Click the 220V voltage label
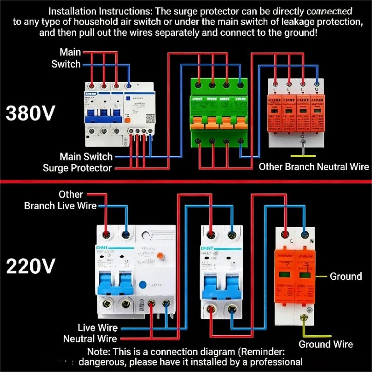(31, 266)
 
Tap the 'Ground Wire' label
(325, 345)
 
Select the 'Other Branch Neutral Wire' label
(314, 166)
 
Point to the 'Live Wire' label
(98, 328)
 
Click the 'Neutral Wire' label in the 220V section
(90, 339)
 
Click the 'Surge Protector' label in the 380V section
(77, 168)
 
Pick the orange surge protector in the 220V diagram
(295, 274)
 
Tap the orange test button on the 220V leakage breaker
(160, 255)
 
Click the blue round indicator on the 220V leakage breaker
(142, 285)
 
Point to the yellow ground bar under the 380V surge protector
(303, 156)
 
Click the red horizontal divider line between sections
(186, 181)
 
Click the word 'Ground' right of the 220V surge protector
(345, 276)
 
